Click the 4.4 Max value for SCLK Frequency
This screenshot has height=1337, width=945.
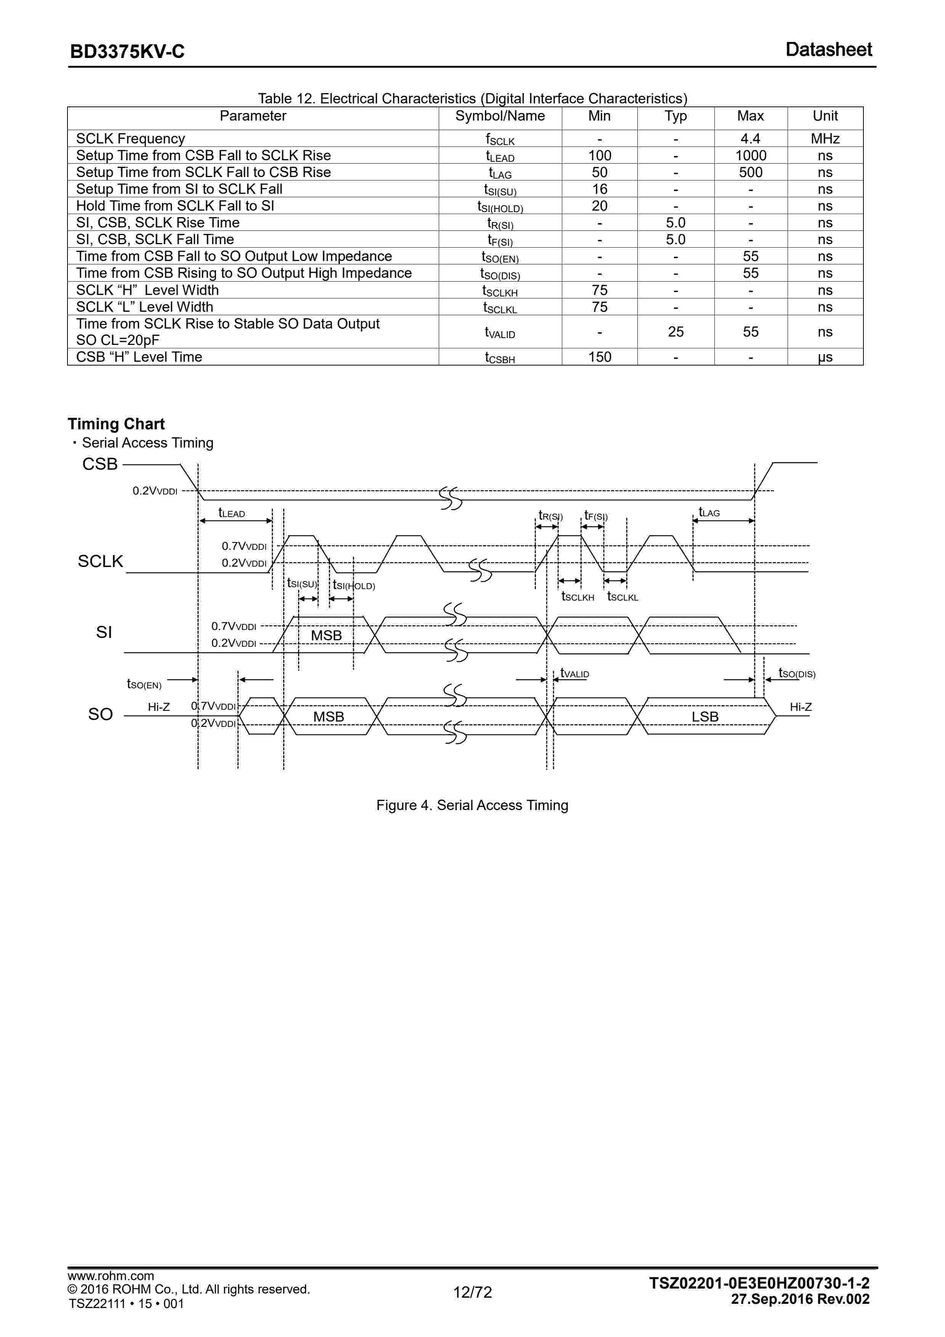point(750,139)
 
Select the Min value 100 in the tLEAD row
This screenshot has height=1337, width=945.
point(599,155)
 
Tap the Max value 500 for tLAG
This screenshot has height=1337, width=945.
point(750,172)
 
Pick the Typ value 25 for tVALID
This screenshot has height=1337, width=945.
point(675,332)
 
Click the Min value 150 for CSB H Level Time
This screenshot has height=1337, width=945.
point(599,357)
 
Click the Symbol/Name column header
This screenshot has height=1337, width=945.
point(500,116)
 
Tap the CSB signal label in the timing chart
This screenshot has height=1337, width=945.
point(100,464)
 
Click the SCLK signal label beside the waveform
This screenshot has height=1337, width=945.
point(101,561)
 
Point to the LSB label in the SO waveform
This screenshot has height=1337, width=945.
point(705,717)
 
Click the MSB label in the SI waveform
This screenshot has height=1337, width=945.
point(326,635)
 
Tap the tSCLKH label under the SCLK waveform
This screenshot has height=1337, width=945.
point(577,597)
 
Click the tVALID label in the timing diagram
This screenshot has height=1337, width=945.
point(574,674)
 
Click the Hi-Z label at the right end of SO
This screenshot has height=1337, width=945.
point(800,707)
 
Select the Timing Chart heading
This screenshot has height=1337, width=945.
point(116,424)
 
